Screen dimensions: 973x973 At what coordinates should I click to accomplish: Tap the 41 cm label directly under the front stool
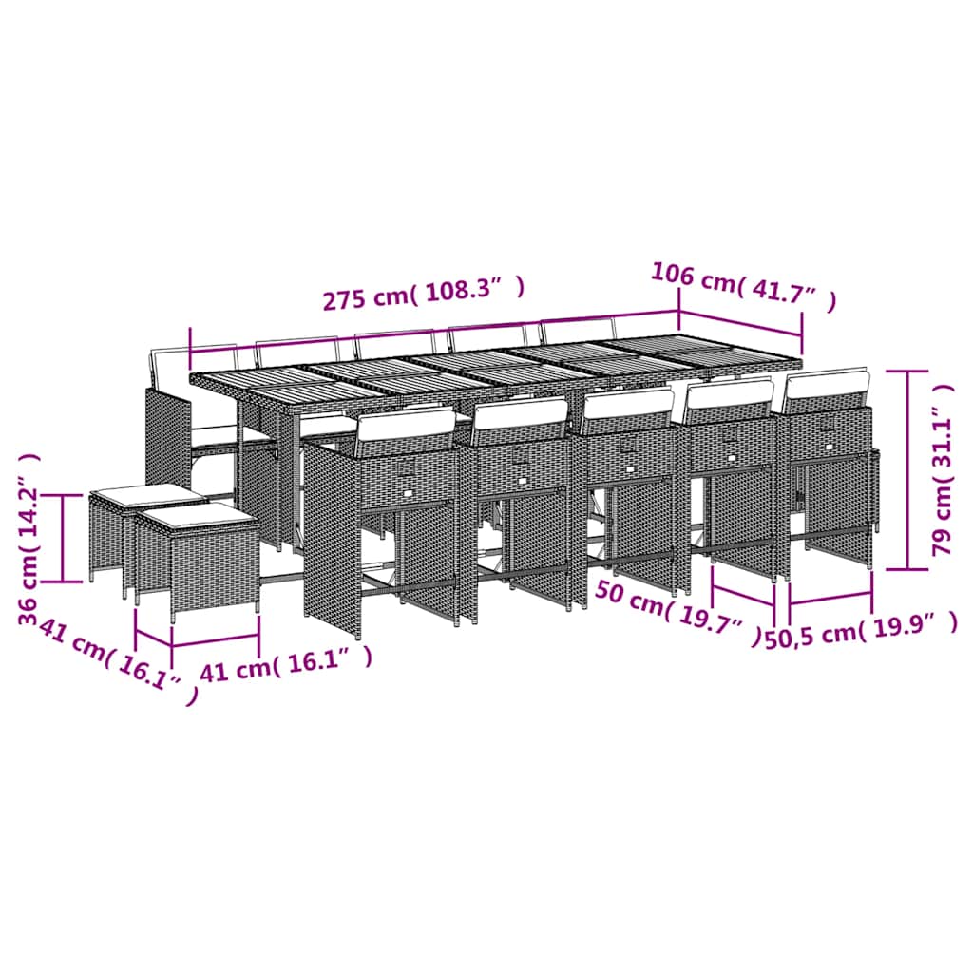point(285,658)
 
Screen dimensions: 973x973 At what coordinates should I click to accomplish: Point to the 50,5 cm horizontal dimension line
point(830,598)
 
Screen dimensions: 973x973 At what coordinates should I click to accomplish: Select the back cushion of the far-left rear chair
point(168,362)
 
